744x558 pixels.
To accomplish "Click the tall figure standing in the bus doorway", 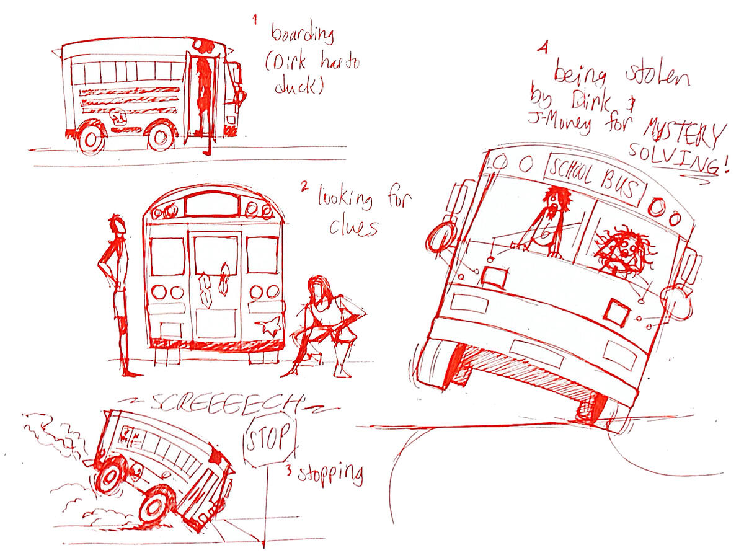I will pos(203,93).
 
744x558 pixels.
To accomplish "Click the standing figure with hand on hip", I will pos(118,291).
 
